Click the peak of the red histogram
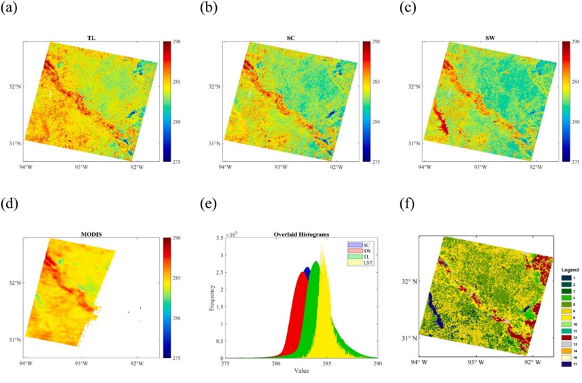(x=303, y=273)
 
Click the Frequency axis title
(x=211, y=298)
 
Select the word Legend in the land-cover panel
(x=570, y=270)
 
